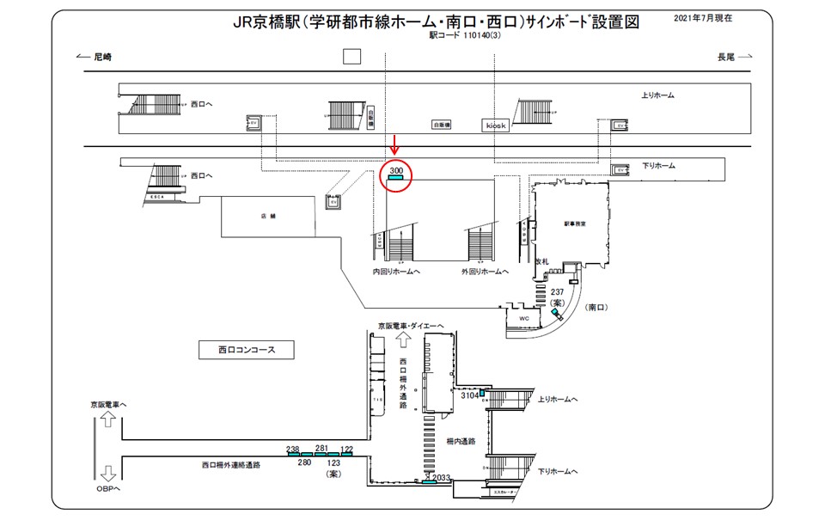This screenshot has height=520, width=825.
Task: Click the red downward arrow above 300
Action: [395, 144]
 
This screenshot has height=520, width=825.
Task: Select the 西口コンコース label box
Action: [245, 350]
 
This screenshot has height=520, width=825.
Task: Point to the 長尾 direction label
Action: [726, 57]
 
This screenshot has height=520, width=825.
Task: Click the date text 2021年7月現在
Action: [708, 17]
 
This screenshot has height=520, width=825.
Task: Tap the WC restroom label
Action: [523, 318]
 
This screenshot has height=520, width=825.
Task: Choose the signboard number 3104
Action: [469, 396]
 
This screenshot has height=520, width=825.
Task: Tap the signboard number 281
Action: [322, 448]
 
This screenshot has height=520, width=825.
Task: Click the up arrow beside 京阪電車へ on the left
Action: [108, 419]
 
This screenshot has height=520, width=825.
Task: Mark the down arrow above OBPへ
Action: [108, 473]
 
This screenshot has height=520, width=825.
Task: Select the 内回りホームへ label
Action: [396, 272]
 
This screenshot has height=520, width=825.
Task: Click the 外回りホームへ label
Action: [485, 272]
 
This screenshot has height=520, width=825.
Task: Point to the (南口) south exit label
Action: [596, 307]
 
